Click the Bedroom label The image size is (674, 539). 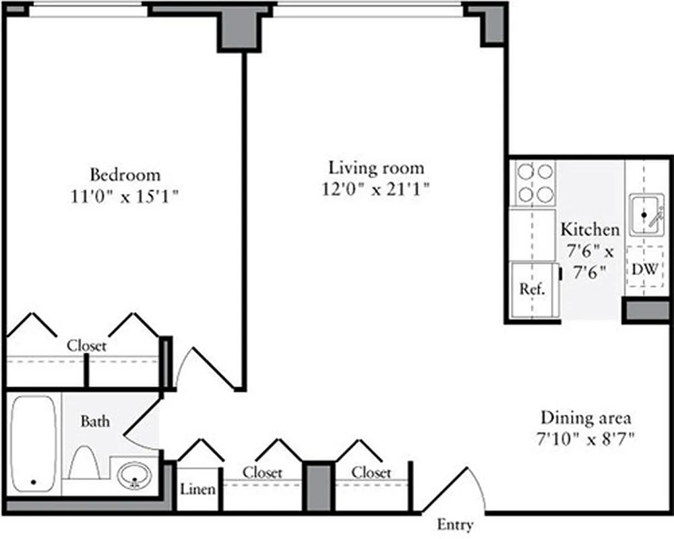click(x=125, y=175)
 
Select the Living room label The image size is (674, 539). click(x=376, y=167)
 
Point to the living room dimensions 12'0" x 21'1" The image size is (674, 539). click(x=376, y=189)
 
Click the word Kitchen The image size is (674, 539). click(x=590, y=229)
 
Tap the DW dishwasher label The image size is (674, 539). click(x=644, y=269)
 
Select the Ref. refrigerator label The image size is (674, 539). click(x=531, y=290)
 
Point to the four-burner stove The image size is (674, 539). click(x=534, y=183)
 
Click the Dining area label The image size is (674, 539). click(x=585, y=418)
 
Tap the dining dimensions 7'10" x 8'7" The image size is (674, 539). click(x=585, y=439)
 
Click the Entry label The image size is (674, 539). click(x=455, y=525)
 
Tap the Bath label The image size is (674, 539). click(x=95, y=422)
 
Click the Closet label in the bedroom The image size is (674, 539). click(x=86, y=346)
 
